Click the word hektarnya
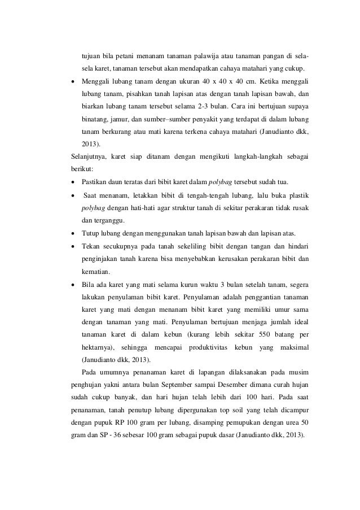[99, 347]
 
